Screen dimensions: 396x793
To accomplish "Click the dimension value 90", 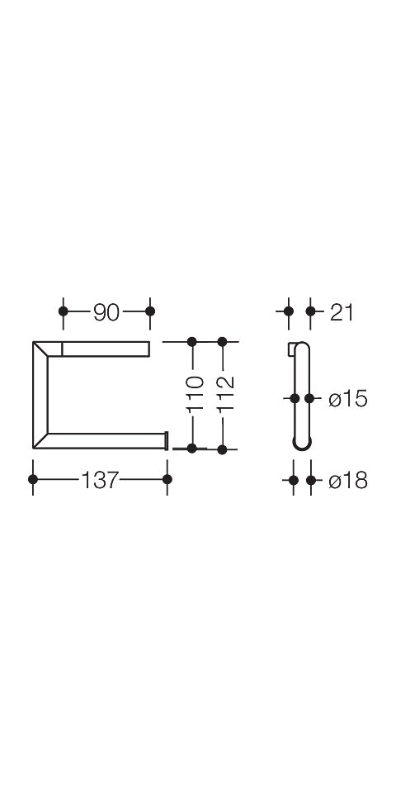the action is click(106, 314).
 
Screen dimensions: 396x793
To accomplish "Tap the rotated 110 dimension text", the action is click(194, 393).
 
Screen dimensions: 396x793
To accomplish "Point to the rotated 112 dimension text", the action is click(226, 393).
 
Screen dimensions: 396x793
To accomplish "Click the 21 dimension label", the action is click(342, 313).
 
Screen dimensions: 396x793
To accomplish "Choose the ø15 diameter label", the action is click(347, 400).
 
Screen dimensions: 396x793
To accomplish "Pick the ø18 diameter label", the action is click(347, 481).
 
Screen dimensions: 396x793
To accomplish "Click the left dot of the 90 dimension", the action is click(64, 311).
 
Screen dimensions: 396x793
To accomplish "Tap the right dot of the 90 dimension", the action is click(150, 311).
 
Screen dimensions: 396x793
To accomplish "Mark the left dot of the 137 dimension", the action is click(33, 479).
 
